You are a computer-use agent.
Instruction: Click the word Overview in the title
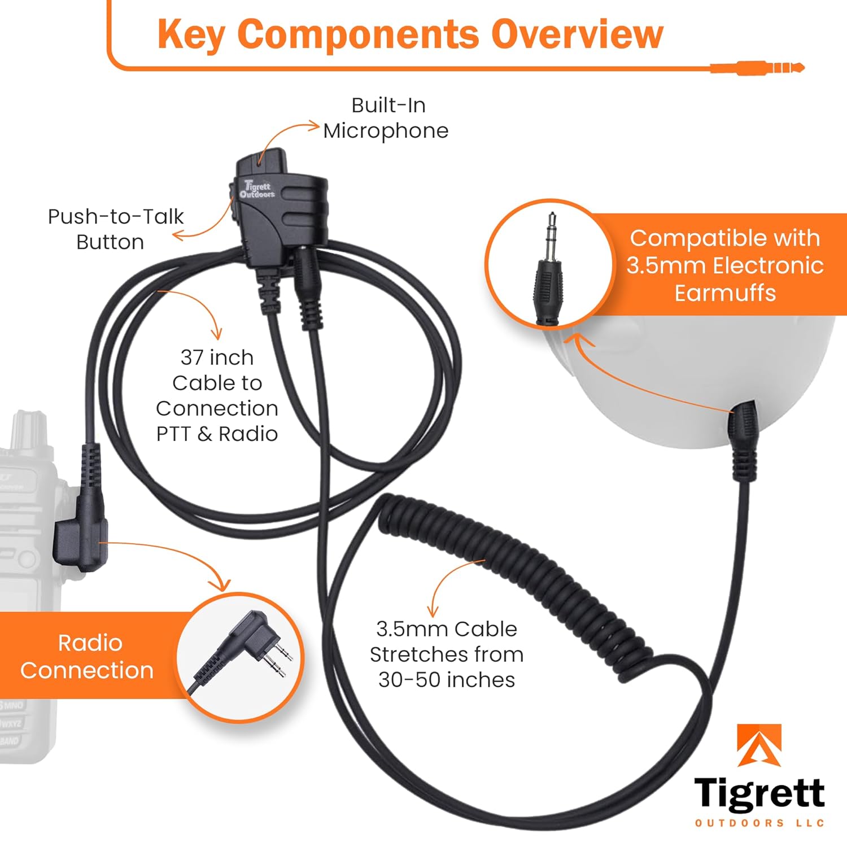click(577, 35)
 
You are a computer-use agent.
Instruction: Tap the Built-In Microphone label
click(387, 118)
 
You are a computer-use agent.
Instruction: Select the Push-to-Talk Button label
click(115, 229)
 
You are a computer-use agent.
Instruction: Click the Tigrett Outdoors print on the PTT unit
click(257, 189)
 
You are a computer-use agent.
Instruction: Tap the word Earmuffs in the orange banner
click(725, 293)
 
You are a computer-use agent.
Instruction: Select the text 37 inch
click(217, 357)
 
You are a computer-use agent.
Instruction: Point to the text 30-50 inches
click(447, 680)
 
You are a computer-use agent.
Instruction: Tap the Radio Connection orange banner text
click(88, 656)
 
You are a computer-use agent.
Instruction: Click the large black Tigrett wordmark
click(759, 793)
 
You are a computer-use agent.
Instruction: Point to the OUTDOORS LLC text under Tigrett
click(759, 823)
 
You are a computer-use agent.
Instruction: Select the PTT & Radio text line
click(217, 434)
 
